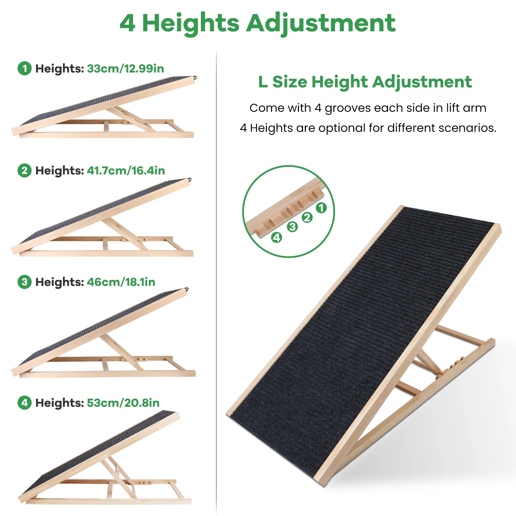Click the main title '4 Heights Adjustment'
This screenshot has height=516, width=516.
point(258,23)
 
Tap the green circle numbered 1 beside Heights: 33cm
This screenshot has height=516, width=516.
point(24,68)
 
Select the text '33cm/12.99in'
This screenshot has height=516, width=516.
point(125,68)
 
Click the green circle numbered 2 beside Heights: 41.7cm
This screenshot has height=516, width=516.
point(24,171)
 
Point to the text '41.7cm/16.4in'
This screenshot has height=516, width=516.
point(126,171)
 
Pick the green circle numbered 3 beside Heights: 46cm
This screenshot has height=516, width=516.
point(24,282)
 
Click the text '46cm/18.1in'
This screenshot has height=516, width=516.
point(121,282)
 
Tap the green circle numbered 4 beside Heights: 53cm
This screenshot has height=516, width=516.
point(24,403)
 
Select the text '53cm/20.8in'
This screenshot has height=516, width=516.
point(123,403)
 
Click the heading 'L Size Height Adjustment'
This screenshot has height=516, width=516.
point(365,82)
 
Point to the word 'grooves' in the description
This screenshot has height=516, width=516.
point(348,108)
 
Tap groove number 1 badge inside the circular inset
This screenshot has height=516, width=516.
point(321,208)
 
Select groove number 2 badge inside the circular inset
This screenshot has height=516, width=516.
point(307,217)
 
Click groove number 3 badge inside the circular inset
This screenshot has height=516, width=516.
point(292,227)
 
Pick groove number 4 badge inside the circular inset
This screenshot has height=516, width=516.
point(277,237)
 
